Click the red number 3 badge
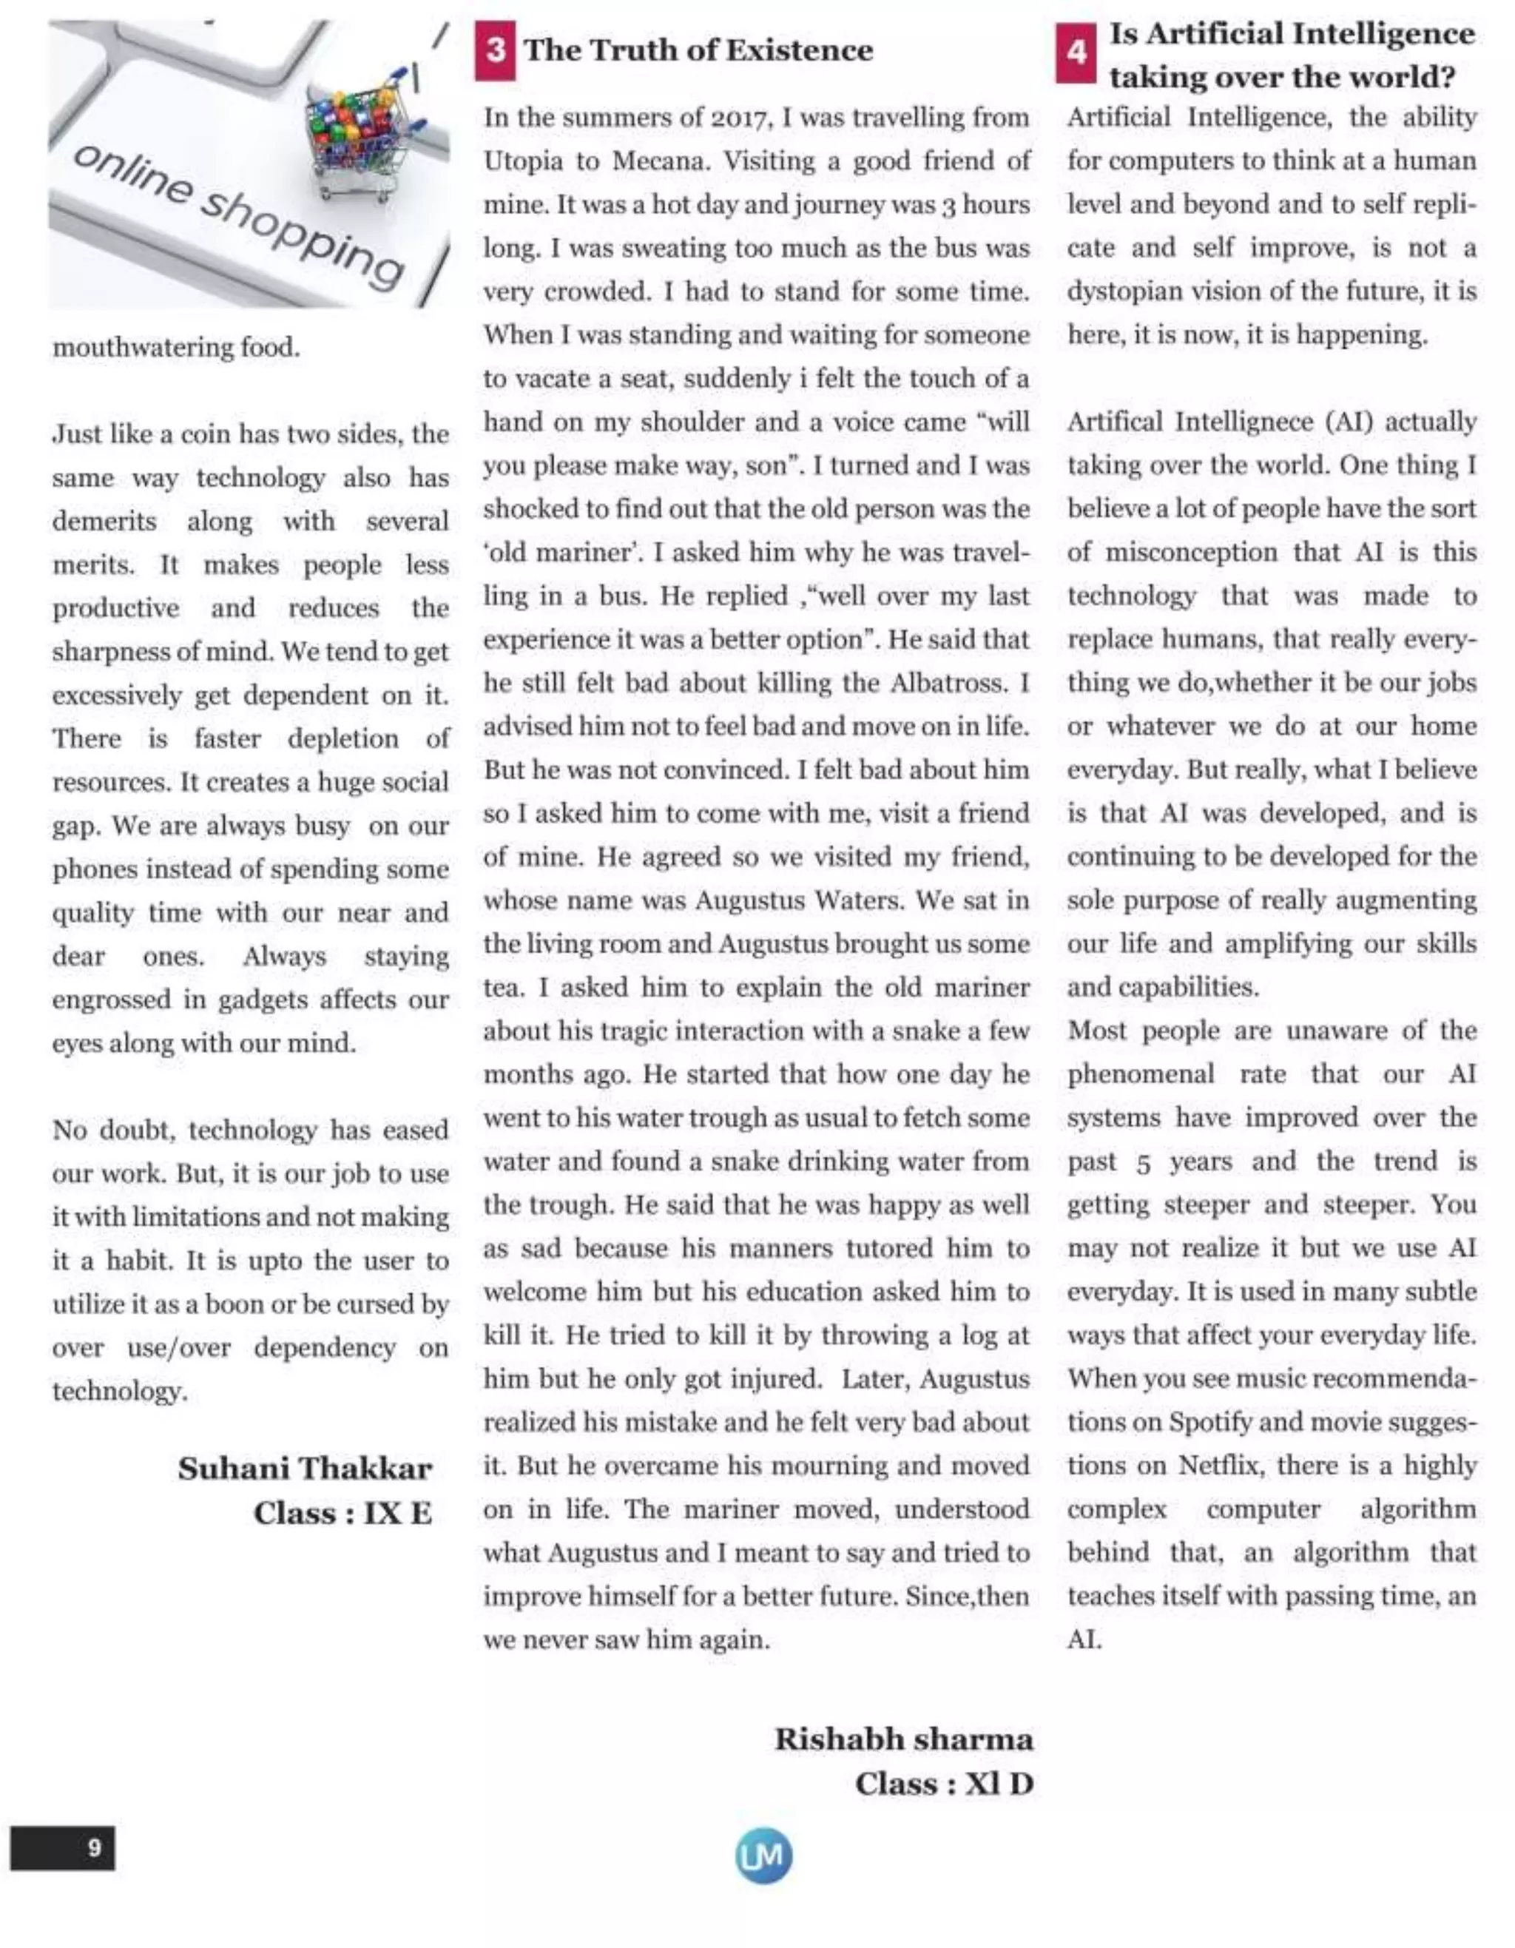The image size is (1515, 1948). (495, 51)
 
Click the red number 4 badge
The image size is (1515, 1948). (1076, 53)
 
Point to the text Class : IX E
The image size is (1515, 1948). (343, 1513)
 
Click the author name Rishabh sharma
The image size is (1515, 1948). (903, 1739)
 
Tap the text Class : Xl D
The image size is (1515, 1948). (943, 1783)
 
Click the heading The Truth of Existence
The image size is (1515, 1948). (698, 50)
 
